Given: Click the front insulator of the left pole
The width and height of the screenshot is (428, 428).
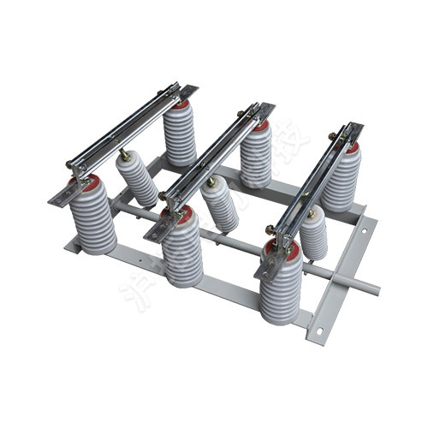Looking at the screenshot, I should [x=92, y=218].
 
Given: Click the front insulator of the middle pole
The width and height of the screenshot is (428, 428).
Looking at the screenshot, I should [x=182, y=248].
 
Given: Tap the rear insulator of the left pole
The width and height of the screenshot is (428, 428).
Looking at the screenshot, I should [x=180, y=135].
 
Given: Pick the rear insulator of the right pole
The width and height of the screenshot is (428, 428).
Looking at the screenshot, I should [x=341, y=181].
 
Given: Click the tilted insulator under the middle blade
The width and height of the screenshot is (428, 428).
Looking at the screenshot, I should [x=221, y=205].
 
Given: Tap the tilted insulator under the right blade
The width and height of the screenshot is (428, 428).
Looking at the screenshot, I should [x=313, y=234].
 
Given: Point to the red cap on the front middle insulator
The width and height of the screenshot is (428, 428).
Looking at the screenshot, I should [x=181, y=212].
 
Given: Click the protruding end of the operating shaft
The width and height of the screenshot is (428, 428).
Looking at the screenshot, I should [x=368, y=287].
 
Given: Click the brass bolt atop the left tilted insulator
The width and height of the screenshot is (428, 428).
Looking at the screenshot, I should [x=124, y=155].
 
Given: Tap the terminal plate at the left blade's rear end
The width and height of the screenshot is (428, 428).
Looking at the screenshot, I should [x=188, y=89].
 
